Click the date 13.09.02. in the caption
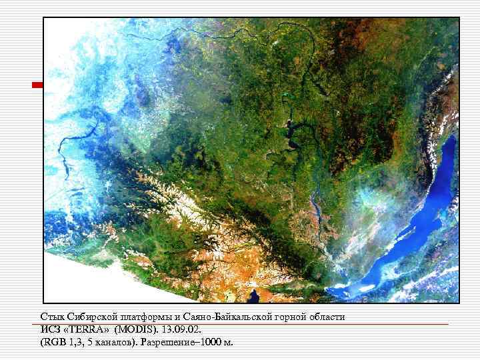coord(184,329)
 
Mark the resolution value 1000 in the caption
coord(209,343)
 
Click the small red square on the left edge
coord(38,85)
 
